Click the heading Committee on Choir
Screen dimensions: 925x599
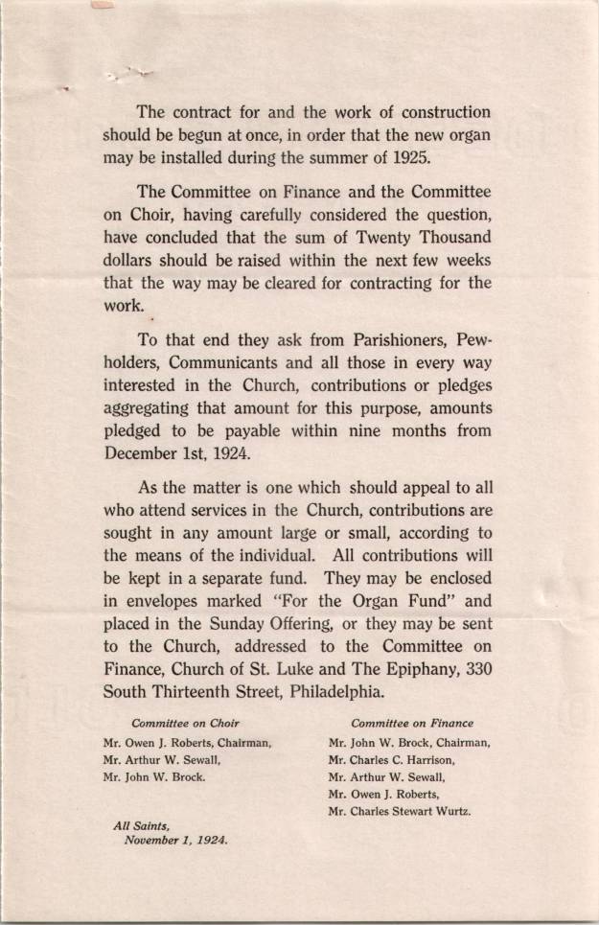coord(185,723)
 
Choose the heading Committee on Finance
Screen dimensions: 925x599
coord(412,723)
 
